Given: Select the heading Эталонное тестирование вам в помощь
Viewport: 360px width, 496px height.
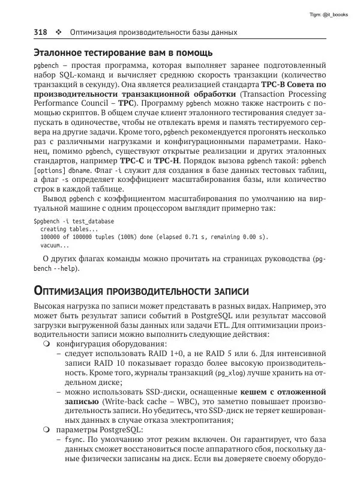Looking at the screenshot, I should (123, 53).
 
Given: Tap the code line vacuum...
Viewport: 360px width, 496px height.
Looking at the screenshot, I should (55, 245).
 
